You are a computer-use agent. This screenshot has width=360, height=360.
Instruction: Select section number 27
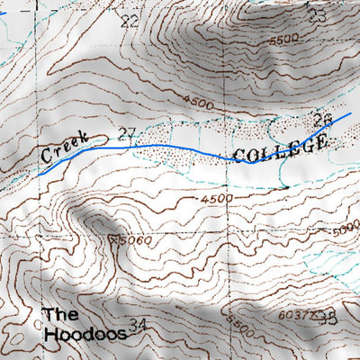126,135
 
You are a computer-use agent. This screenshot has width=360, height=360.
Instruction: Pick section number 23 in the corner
316,15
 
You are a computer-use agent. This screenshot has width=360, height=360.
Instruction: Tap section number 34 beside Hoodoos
138,325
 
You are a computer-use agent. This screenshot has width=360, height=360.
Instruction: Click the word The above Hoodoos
61,315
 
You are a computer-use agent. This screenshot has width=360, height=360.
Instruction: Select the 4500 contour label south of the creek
217,198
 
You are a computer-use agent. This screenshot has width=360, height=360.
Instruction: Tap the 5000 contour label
346,232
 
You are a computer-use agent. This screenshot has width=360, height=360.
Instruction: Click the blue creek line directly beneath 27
126,146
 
